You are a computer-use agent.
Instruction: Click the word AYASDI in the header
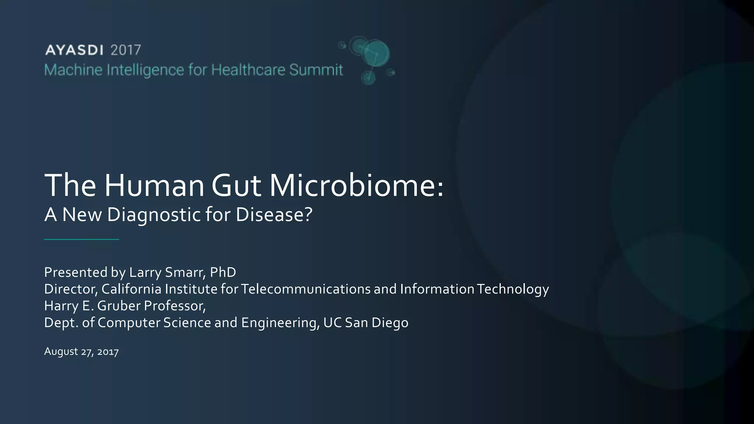pos(74,50)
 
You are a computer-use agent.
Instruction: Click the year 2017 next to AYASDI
pos(126,50)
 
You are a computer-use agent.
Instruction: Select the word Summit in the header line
pos(316,70)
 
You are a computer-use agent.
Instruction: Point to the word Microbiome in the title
pos(356,185)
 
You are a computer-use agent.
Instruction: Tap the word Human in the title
pos(154,185)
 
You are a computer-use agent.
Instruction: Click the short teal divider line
pos(81,239)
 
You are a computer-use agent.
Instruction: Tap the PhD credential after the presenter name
pos(223,272)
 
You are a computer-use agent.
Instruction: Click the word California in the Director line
pos(131,289)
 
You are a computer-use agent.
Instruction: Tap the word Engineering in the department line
pos(280,323)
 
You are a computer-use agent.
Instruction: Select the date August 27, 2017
pos(81,352)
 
